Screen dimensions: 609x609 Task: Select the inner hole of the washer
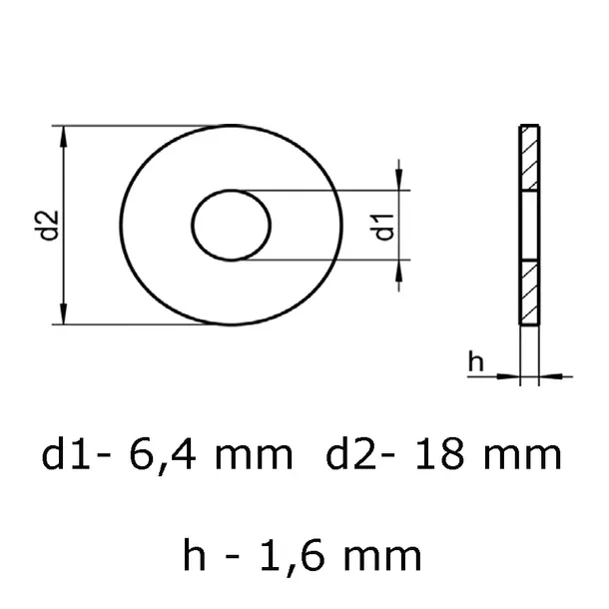(x=232, y=227)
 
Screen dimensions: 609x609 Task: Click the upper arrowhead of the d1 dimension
(x=400, y=181)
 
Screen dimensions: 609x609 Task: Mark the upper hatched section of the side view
(x=529, y=159)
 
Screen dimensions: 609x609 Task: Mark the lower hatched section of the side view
(x=529, y=292)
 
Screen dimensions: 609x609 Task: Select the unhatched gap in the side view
(x=529, y=226)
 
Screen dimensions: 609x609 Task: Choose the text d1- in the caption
(x=76, y=456)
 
